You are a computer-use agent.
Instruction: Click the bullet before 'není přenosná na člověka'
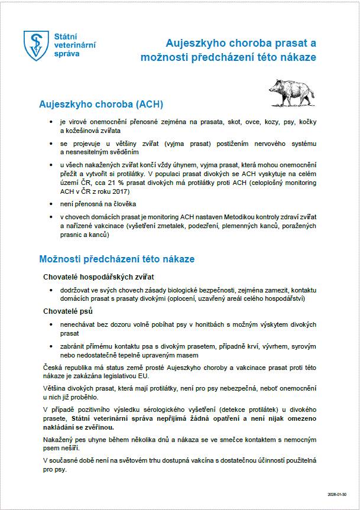tap(53, 203)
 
